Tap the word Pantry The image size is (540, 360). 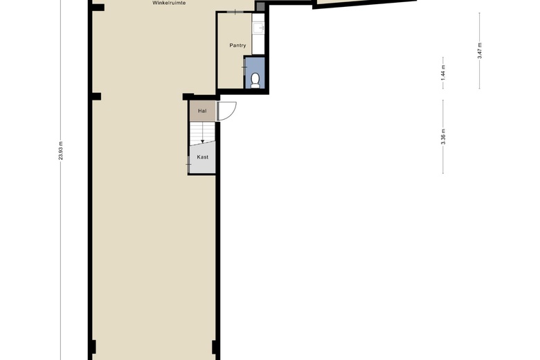tap(237, 46)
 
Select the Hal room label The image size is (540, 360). tap(202, 111)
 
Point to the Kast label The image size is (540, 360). tap(202, 157)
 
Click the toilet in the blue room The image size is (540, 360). tap(255, 80)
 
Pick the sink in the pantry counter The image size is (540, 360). tap(258, 28)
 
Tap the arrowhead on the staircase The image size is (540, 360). tap(202, 141)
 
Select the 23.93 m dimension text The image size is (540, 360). tap(61, 151)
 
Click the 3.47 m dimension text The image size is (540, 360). tap(480, 51)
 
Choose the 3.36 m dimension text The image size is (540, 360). tap(443, 136)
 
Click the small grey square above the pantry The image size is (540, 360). tap(260, 7)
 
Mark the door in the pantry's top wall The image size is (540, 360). tap(235, 13)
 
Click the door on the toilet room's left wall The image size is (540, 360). tap(244, 66)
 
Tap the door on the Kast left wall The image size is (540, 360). tap(189, 163)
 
